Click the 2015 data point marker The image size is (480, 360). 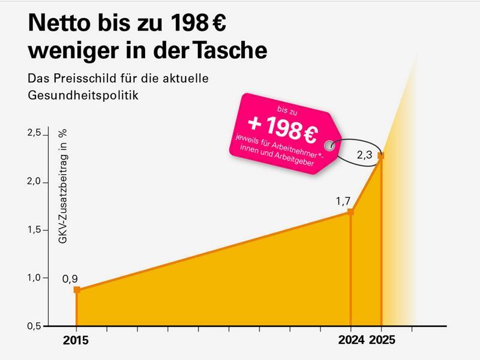click(x=77, y=290)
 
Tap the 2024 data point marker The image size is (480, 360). click(x=351, y=212)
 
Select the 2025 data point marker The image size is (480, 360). click(x=381, y=156)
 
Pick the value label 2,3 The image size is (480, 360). click(x=365, y=155)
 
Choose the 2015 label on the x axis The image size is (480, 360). click(x=76, y=341)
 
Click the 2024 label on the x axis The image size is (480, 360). click(x=351, y=341)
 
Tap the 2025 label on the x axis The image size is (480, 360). click(x=382, y=341)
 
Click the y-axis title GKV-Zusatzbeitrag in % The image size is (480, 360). click(x=62, y=187)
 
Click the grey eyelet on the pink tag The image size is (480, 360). click(x=329, y=145)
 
